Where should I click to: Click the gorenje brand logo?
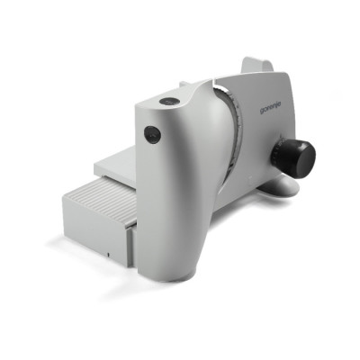(270, 107)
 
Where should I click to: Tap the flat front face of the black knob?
(303, 158)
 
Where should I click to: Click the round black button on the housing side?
(152, 134)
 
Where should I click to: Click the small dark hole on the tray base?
(108, 255)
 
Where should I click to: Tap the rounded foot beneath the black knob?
(280, 186)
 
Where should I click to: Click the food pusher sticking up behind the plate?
(258, 65)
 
